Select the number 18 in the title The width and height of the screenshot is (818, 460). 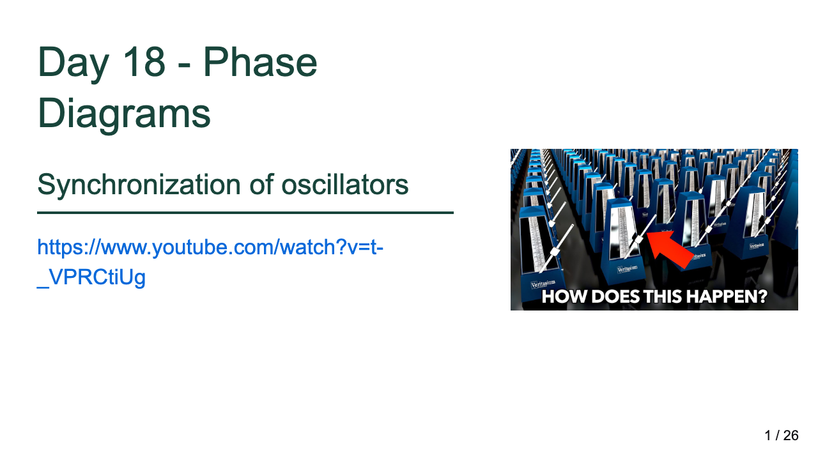coord(144,62)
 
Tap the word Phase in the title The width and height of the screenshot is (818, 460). coord(260,62)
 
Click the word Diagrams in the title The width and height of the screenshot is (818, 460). coord(124,113)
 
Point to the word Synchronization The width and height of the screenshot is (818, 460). coord(139,185)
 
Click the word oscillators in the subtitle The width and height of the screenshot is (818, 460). coord(344,185)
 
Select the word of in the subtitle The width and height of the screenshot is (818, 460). coord(261,185)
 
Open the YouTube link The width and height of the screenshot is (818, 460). coord(210,262)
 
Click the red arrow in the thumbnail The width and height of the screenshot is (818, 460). coord(670,249)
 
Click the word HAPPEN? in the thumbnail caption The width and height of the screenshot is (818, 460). coord(727,296)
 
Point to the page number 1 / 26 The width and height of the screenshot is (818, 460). coord(782,436)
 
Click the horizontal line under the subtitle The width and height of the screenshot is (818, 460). coord(245,213)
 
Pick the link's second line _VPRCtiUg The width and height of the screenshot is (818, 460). coord(91,277)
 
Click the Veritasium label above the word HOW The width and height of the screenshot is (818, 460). coord(543,284)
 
